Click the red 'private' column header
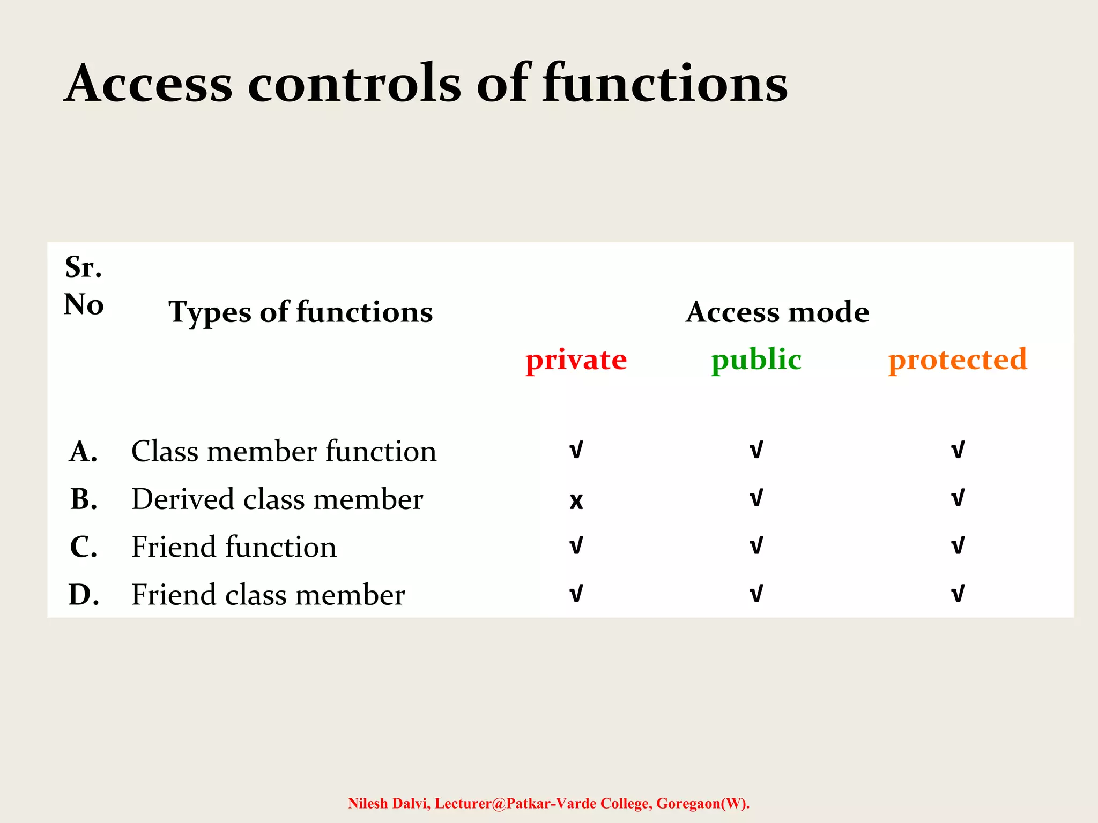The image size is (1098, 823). click(x=576, y=360)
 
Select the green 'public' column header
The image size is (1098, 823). click(x=756, y=360)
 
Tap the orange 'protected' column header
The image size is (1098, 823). click(x=958, y=360)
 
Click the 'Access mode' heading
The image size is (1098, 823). click(x=777, y=312)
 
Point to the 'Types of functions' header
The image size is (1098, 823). click(x=300, y=312)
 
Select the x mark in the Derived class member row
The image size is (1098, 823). click(x=576, y=500)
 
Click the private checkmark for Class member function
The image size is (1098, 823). click(x=576, y=450)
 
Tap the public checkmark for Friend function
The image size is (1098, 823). click(x=756, y=546)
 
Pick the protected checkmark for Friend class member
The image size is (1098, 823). click(x=958, y=594)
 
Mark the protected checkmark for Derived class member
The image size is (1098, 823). click(x=958, y=498)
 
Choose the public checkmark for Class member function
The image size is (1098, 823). click(x=756, y=450)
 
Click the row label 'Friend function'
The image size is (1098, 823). click(x=234, y=547)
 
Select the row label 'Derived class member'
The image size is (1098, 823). click(x=277, y=499)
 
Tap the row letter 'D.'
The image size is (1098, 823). click(x=84, y=595)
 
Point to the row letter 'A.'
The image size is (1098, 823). click(x=84, y=451)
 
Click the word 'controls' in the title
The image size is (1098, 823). click(x=354, y=84)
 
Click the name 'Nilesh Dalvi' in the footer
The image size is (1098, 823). click(x=389, y=803)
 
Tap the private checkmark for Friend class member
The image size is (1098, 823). click(x=576, y=594)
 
